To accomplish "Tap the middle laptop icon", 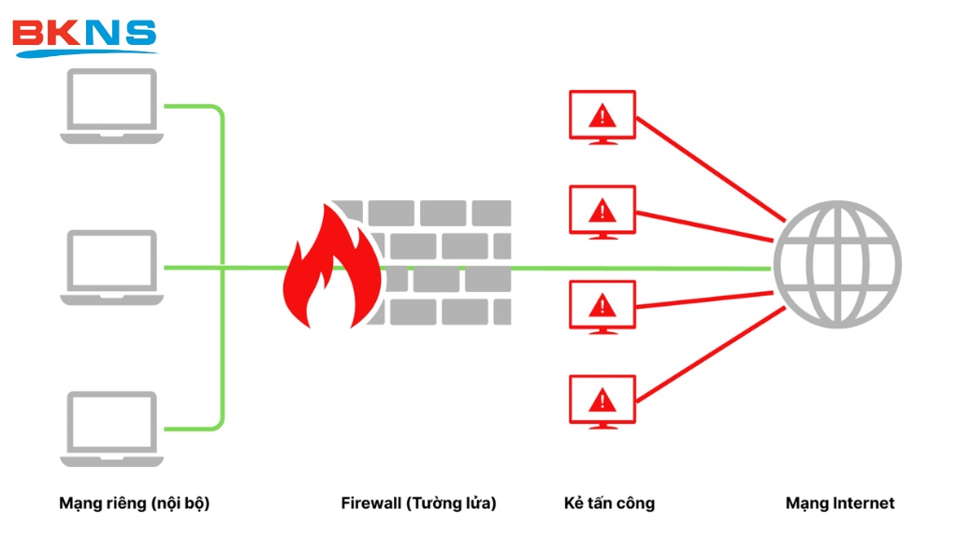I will (111, 268).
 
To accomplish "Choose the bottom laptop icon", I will (111, 429).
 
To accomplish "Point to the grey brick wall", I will (449, 262).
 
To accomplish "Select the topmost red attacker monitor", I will (602, 116).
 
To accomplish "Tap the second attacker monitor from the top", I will (602, 211).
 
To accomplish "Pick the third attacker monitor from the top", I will (602, 306).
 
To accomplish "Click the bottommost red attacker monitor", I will (602, 401).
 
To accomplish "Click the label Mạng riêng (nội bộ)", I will (134, 503).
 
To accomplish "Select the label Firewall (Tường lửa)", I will (418, 503).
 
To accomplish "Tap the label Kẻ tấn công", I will (609, 503).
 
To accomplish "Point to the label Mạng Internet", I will (839, 503).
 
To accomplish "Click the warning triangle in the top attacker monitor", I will (602, 115).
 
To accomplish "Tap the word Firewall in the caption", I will (371, 503).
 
